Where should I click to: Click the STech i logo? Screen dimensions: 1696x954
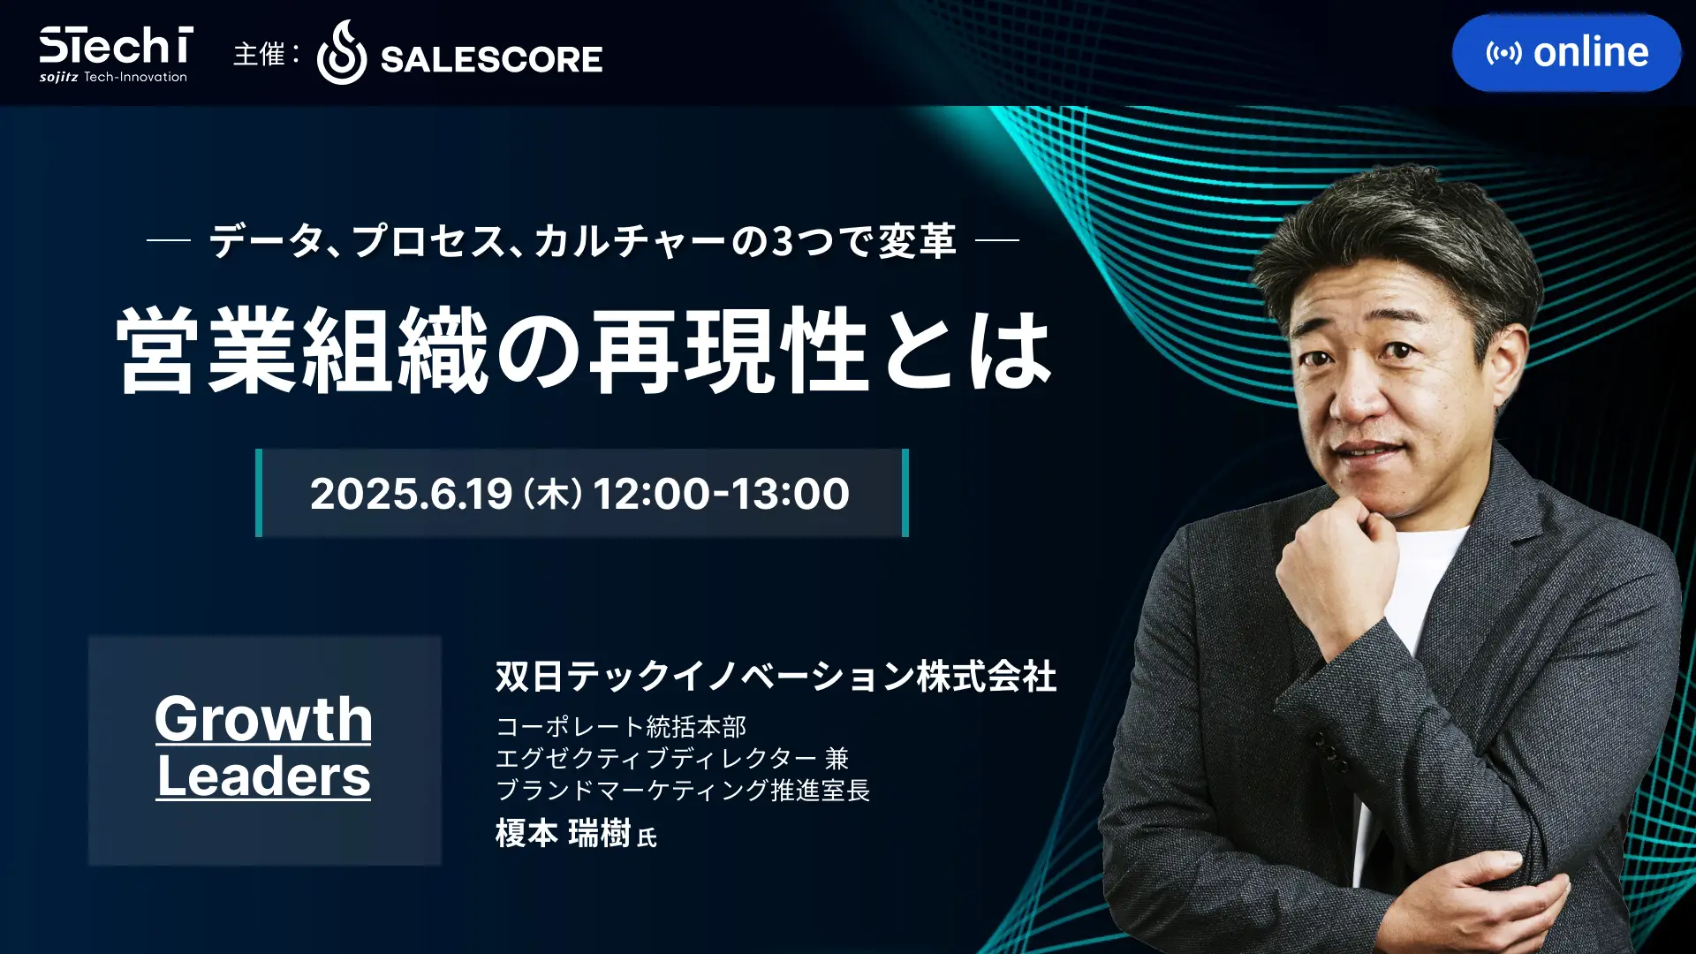(x=115, y=54)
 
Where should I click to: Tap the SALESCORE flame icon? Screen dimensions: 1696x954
(x=341, y=53)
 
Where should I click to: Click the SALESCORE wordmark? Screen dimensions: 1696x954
(x=491, y=59)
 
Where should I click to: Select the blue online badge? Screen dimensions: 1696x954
(x=1566, y=53)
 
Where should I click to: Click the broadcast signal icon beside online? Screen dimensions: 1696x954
(x=1503, y=53)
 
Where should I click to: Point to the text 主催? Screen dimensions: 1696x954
(x=266, y=54)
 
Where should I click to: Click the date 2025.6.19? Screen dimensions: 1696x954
(x=411, y=493)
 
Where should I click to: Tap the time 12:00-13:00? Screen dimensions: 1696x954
(x=721, y=493)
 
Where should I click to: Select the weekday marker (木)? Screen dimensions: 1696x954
(x=553, y=493)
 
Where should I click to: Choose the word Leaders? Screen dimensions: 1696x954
(x=263, y=776)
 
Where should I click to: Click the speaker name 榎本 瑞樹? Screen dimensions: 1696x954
(x=563, y=833)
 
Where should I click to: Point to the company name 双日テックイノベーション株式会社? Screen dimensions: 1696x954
(x=776, y=677)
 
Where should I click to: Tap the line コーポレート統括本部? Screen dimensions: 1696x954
(x=621, y=727)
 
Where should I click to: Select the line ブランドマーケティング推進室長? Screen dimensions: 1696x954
(x=683, y=790)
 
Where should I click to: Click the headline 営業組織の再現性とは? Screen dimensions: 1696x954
(x=584, y=351)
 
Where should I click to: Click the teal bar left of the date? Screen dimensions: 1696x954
(x=259, y=493)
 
